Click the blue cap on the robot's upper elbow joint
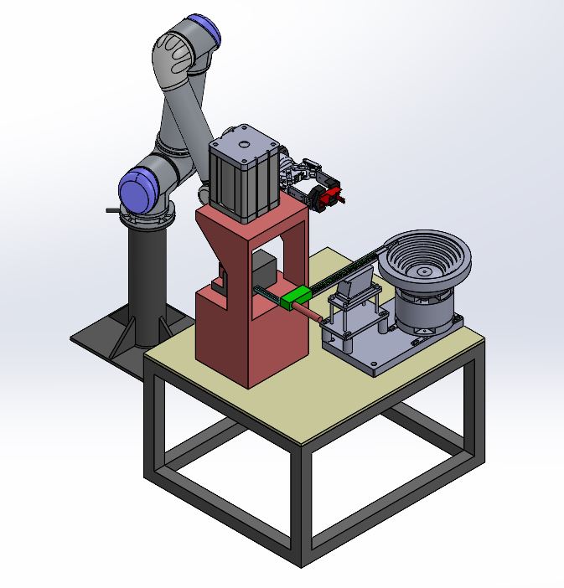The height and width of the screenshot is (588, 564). pos(206,32)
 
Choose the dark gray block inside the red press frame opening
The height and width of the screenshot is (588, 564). pos(265,272)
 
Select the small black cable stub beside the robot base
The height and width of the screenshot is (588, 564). pos(112,210)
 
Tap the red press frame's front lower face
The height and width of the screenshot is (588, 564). pos(226,335)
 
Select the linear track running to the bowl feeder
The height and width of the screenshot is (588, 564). pos(352,268)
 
